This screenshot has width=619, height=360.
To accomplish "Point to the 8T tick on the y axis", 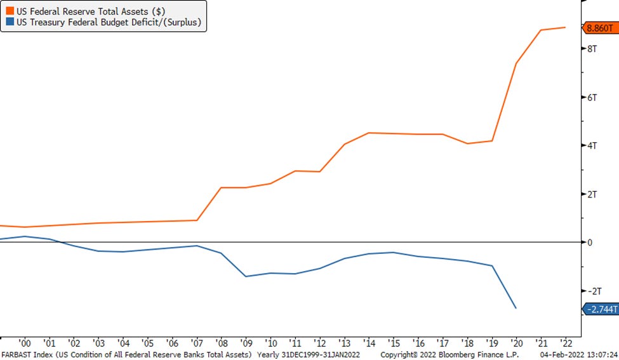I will (x=592, y=49).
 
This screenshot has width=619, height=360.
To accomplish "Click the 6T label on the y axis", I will (x=592, y=97).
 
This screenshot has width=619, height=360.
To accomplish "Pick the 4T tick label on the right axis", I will (x=592, y=145).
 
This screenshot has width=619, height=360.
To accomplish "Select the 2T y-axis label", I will (x=592, y=194).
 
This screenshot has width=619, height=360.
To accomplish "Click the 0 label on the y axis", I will (x=590, y=243).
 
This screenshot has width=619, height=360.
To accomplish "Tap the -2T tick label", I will (x=594, y=291).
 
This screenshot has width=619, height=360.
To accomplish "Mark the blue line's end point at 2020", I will (x=516, y=308).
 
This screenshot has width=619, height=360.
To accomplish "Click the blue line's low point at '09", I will (x=246, y=276).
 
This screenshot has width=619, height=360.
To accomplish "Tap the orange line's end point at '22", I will (x=565, y=27).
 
